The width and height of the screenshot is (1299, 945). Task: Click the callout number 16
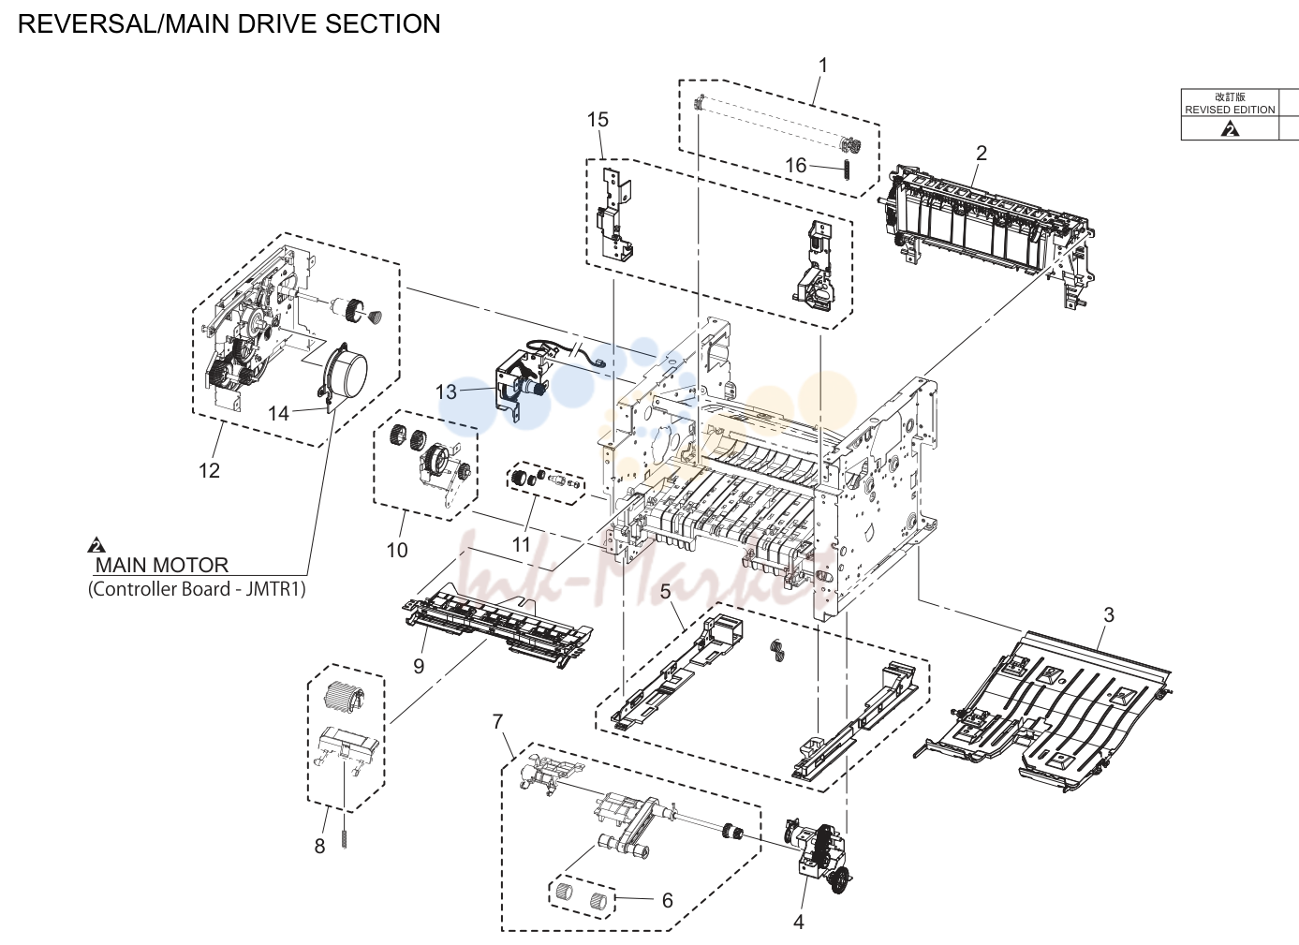pos(796,165)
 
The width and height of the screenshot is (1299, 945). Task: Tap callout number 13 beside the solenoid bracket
pos(447,391)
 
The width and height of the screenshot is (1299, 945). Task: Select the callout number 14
pos(278,413)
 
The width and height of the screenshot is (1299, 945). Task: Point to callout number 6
pos(668,900)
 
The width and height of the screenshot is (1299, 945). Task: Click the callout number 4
pos(799,922)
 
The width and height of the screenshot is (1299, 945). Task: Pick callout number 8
pos(319,847)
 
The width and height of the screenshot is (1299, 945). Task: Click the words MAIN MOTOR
pos(162,565)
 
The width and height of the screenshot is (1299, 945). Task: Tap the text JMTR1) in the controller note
pos(275,589)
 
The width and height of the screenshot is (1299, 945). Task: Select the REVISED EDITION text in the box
pos(1230,110)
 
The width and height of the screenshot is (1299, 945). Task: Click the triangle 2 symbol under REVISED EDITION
pos(1230,128)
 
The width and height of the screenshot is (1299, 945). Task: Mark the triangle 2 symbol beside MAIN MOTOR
pos(96,545)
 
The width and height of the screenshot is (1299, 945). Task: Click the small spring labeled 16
pos(846,170)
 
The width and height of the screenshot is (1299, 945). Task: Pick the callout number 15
pos(598,120)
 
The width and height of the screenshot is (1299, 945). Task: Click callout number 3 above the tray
pos(1109,614)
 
